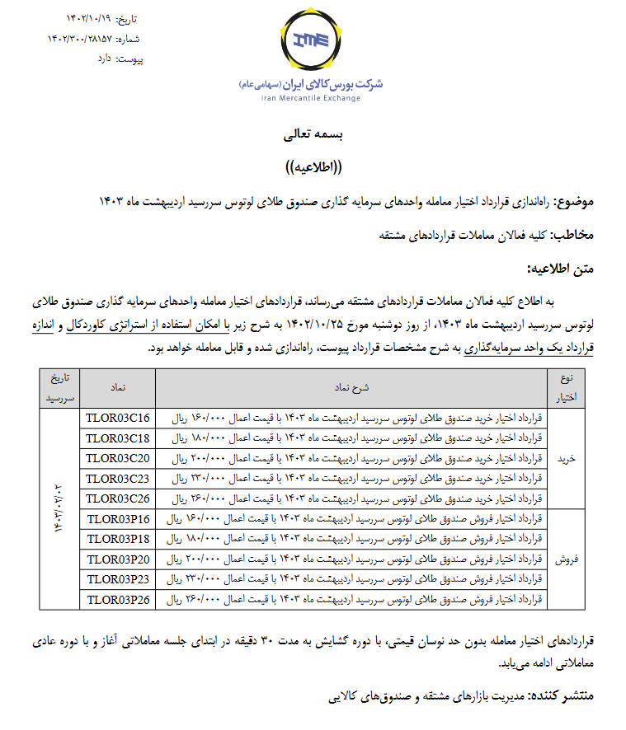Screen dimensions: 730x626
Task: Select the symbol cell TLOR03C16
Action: (x=118, y=418)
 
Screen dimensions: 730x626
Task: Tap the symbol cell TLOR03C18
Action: (x=118, y=438)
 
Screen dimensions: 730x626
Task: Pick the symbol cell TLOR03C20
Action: (x=118, y=458)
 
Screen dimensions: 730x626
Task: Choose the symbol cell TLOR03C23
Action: (x=118, y=478)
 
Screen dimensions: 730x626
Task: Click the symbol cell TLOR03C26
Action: (x=118, y=498)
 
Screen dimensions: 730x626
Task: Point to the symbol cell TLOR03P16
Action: (x=118, y=518)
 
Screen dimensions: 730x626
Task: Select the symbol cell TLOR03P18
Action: (x=118, y=539)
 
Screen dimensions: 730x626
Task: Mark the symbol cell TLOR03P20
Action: (x=118, y=559)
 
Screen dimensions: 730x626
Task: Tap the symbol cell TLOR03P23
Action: (x=118, y=579)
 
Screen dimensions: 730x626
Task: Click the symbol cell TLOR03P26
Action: (x=118, y=599)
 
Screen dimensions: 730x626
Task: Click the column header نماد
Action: (x=118, y=386)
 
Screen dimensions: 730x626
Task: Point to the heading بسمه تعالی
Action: (x=312, y=132)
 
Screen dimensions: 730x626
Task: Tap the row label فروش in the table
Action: (x=570, y=559)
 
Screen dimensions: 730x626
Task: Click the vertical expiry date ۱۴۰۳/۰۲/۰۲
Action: (x=60, y=508)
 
